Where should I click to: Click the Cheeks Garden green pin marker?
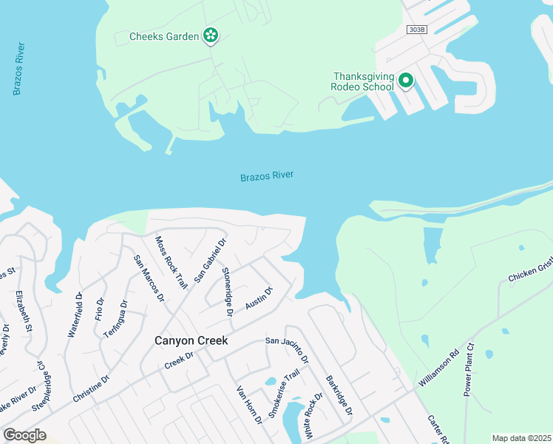click(211, 35)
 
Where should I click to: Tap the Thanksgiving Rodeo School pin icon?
click(406, 80)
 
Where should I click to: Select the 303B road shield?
click(417, 29)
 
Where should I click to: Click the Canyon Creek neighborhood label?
click(191, 341)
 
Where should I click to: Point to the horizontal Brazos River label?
click(267, 176)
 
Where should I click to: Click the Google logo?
click(24, 434)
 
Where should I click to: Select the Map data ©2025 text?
click(520, 438)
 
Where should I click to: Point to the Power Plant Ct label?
click(468, 369)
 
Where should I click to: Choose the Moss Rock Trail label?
click(171, 262)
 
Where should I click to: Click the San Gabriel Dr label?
click(210, 259)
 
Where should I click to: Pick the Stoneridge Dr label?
click(228, 292)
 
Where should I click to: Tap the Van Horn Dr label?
click(249, 404)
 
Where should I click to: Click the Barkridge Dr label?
click(339, 395)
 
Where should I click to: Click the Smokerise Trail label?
click(283, 394)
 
